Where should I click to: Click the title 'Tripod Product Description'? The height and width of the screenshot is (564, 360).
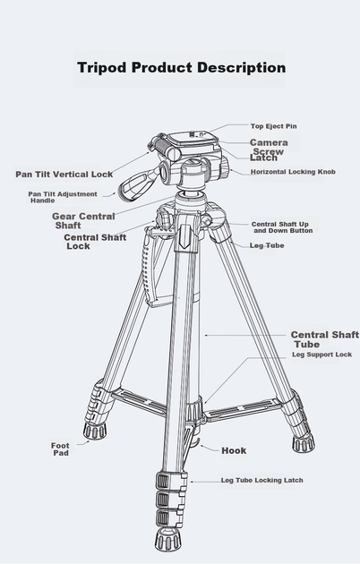click(x=182, y=68)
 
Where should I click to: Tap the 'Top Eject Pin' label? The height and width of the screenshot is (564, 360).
click(x=274, y=126)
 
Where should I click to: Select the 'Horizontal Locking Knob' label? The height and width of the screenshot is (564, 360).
click(x=293, y=172)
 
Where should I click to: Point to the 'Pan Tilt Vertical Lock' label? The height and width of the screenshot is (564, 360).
click(x=64, y=175)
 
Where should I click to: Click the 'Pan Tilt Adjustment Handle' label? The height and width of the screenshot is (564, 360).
click(x=63, y=197)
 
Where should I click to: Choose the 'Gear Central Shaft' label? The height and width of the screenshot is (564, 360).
click(x=83, y=221)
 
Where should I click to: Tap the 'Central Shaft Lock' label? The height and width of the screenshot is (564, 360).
click(x=95, y=242)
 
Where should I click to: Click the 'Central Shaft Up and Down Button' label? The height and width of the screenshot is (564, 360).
click(x=282, y=227)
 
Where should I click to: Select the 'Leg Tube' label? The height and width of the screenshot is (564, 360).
click(x=267, y=245)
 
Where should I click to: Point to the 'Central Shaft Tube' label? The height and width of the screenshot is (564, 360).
click(x=325, y=339)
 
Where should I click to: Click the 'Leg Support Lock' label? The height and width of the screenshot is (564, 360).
click(x=321, y=355)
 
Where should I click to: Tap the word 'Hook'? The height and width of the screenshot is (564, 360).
click(x=234, y=450)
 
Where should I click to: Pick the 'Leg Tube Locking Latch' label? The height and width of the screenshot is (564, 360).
click(x=261, y=481)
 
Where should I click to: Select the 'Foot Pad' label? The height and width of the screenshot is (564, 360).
click(x=60, y=449)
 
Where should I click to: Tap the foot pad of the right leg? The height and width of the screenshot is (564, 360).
click(x=304, y=443)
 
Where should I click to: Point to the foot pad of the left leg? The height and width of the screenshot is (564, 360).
click(x=95, y=431)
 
